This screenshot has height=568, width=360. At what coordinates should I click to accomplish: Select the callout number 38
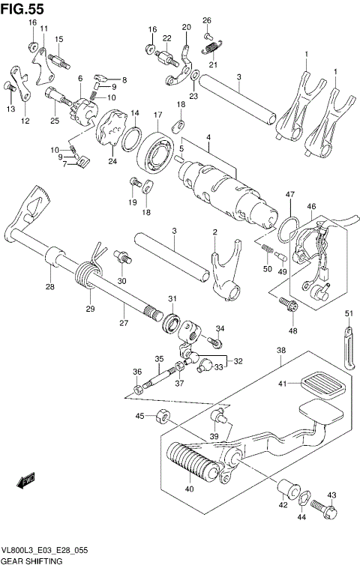pyautogui.click(x=281, y=349)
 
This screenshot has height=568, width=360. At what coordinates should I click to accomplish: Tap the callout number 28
pyautogui.click(x=51, y=286)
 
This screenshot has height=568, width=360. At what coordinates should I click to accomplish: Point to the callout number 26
pyautogui.click(x=207, y=20)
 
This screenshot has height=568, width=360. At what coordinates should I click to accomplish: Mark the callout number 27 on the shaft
pyautogui.click(x=123, y=323)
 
